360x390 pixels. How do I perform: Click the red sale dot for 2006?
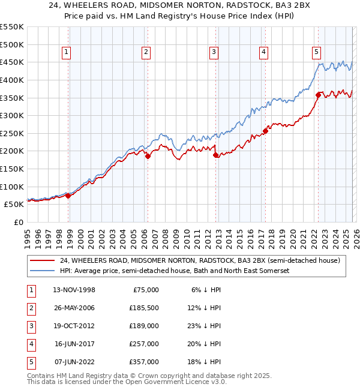pyautogui.click(x=148, y=156)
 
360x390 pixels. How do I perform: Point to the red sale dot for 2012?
pyautogui.click(x=215, y=155)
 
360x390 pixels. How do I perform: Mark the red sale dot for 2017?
pyautogui.click(x=265, y=131)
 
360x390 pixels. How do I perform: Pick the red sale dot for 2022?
pyautogui.click(x=318, y=95)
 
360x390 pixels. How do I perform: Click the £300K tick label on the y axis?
pyautogui.click(x=12, y=115)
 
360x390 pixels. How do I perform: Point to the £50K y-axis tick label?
pyautogui.click(x=14, y=204)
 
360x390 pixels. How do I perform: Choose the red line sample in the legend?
pyautogui.click(x=43, y=260)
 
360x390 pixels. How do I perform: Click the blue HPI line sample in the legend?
pyautogui.click(x=43, y=271)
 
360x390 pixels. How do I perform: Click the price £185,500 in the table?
pyautogui.click(x=143, y=308)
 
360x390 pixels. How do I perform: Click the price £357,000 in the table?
pyautogui.click(x=143, y=362)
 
